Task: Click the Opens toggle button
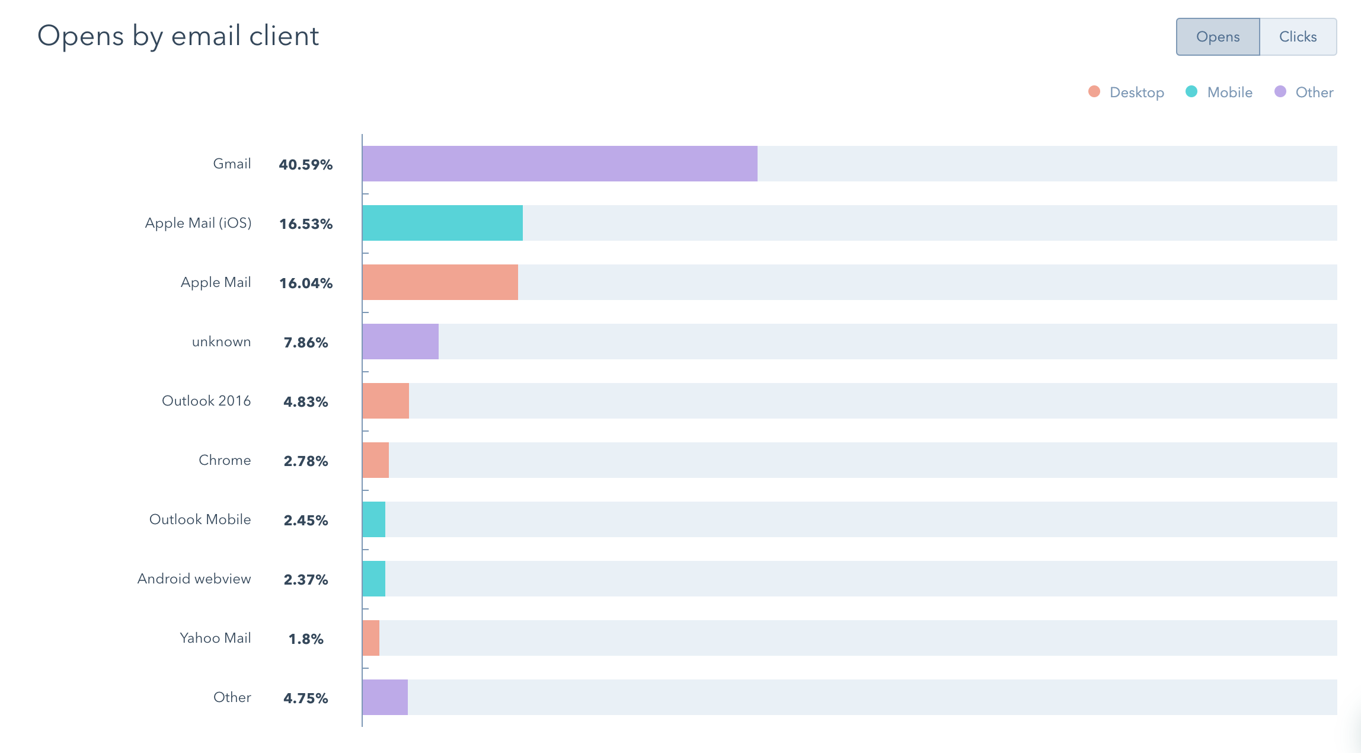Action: [1218, 37]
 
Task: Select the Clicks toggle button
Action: [1298, 37]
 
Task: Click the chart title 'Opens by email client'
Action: [178, 36]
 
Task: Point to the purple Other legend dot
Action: [1280, 92]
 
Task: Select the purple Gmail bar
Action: [560, 164]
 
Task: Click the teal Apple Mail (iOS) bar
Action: [442, 223]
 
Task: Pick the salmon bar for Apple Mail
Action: [440, 282]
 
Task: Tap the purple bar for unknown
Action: [400, 342]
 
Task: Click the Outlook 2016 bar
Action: [385, 401]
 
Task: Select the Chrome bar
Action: [375, 460]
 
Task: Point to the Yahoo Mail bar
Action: [370, 638]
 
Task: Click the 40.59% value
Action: [305, 164]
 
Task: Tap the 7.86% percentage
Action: [305, 342]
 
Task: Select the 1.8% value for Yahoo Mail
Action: [305, 639]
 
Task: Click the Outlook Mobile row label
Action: [200, 519]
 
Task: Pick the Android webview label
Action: [194, 579]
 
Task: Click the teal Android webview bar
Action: [373, 579]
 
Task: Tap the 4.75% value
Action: [305, 698]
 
